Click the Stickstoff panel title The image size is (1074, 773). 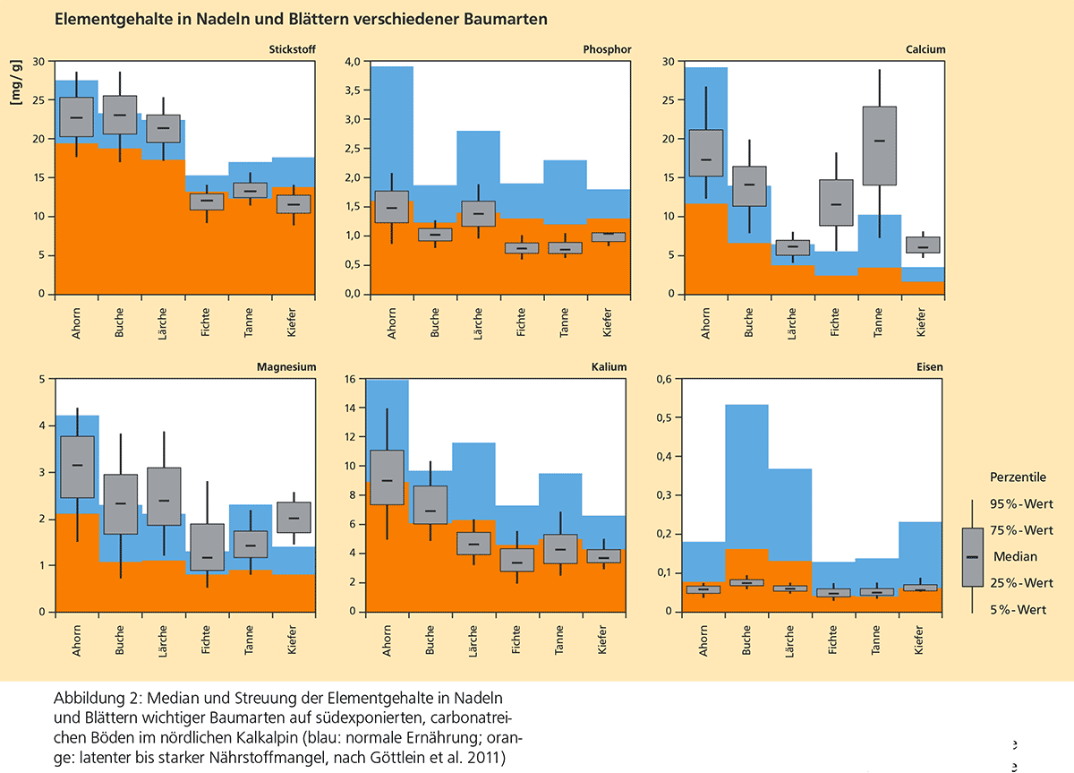(291, 50)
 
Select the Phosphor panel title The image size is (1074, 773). (607, 50)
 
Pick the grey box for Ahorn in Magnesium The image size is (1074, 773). (76, 467)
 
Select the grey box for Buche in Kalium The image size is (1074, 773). (430, 504)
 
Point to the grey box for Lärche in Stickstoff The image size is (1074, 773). (163, 128)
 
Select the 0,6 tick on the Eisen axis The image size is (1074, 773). (663, 380)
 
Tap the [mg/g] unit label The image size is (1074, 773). (15, 88)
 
